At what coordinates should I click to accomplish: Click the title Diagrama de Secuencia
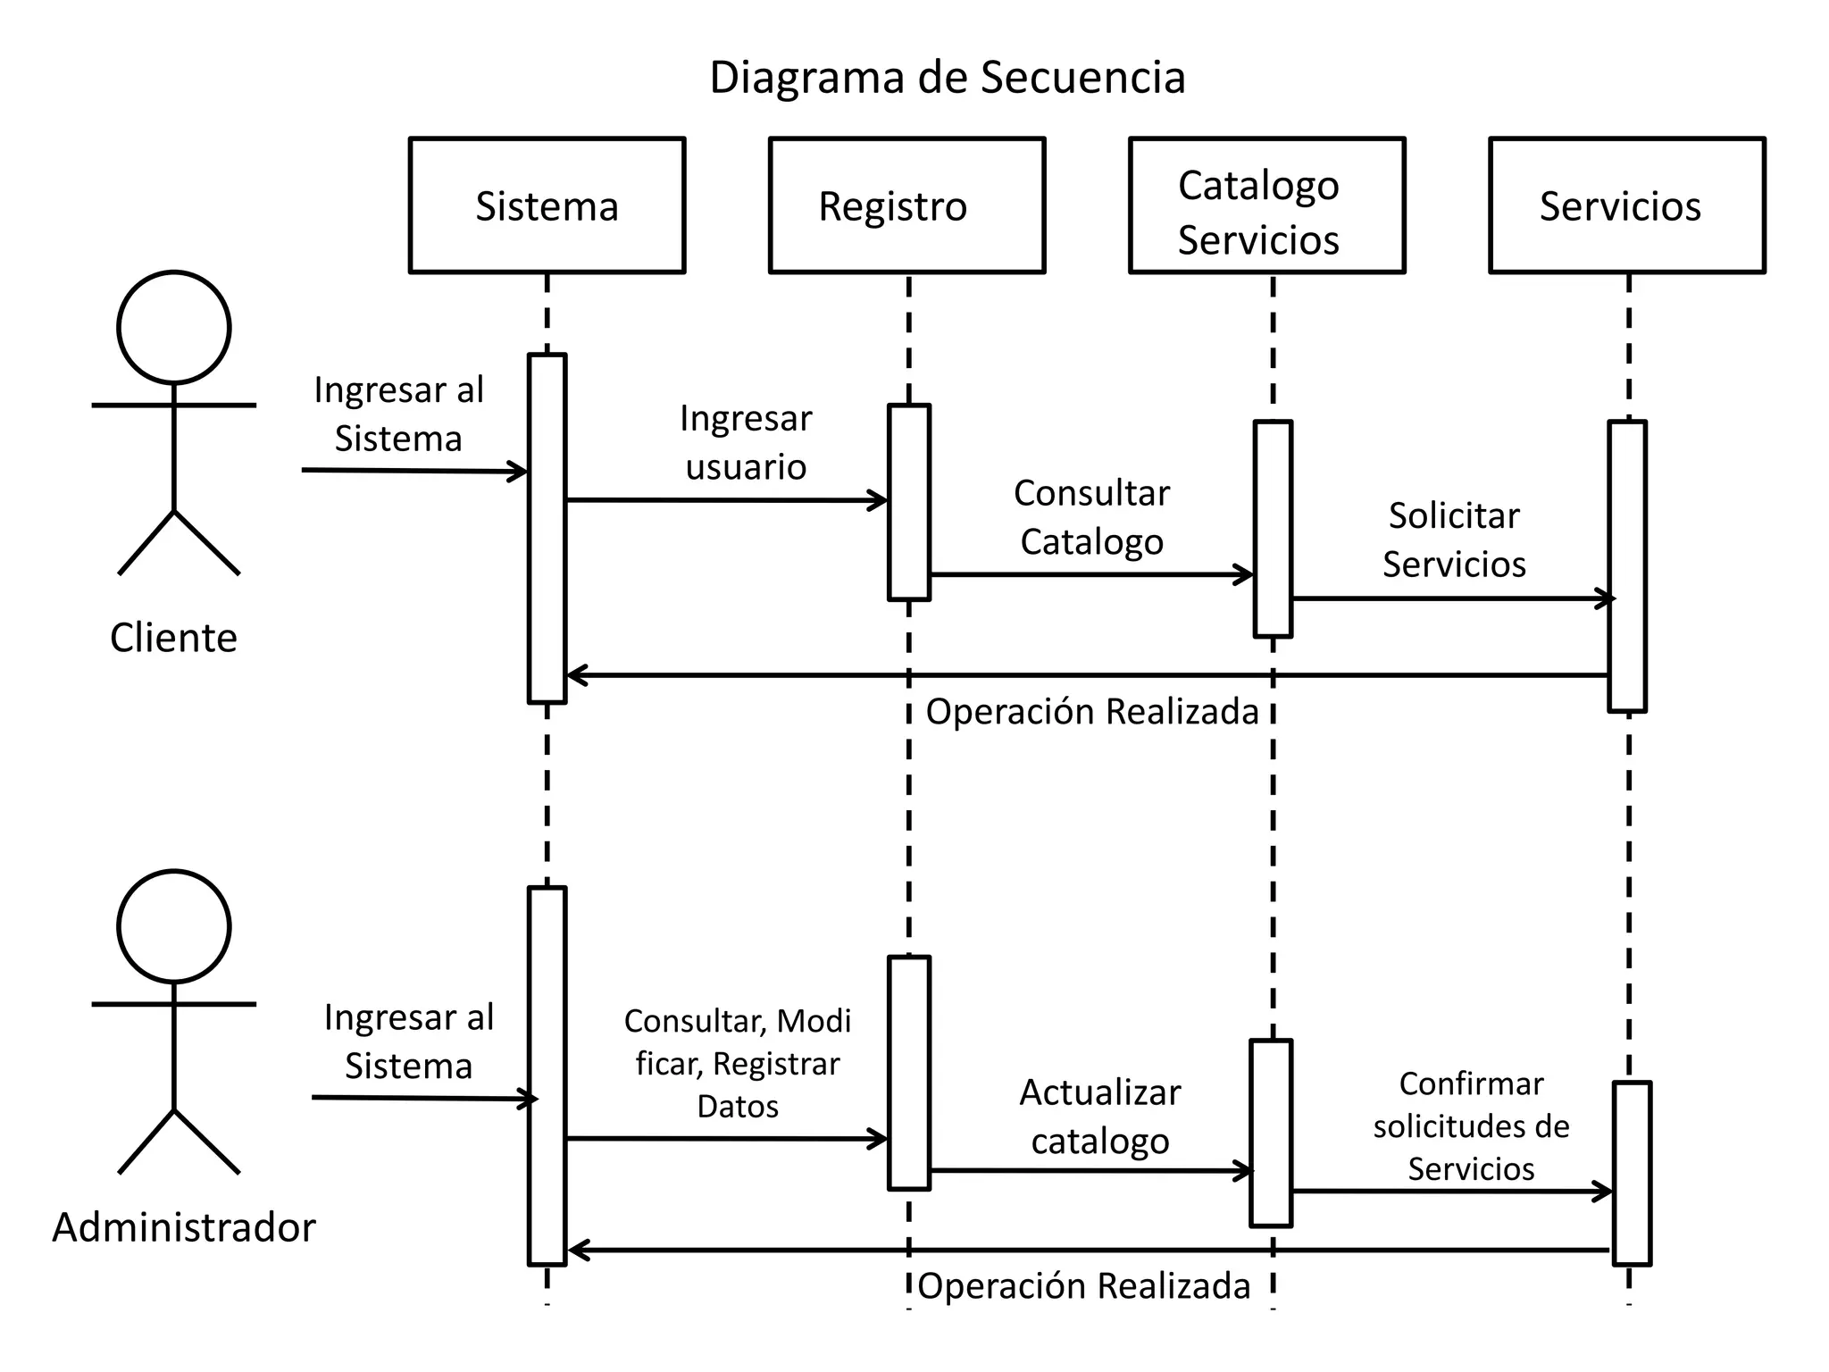947,78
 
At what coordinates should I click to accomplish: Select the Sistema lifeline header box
547,205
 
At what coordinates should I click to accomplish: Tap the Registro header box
906,205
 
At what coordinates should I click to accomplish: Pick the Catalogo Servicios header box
1266,205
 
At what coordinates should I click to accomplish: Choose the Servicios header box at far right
1626,205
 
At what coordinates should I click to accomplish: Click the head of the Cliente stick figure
174,328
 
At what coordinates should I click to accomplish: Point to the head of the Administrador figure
174,926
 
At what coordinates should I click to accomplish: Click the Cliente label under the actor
173,638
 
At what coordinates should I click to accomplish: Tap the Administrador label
184,1227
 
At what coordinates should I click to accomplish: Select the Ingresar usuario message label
746,442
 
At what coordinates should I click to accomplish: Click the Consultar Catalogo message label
1091,517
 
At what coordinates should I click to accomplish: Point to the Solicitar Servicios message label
1454,540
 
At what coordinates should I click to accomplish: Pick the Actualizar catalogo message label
1100,1117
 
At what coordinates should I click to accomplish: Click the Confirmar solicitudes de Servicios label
1471,1125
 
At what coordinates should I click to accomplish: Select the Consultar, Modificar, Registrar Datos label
738,1063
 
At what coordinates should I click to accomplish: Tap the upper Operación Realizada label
1091,712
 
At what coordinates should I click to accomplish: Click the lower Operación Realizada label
1083,1286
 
